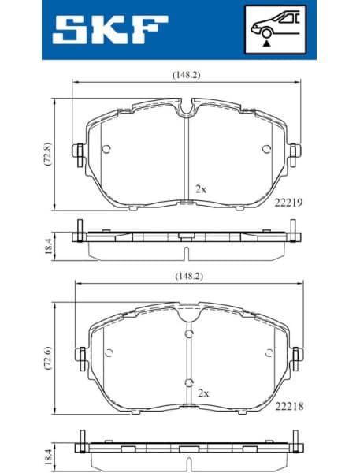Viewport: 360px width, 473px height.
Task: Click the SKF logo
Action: coord(110,30)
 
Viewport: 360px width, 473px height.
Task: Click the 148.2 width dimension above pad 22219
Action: coord(184,76)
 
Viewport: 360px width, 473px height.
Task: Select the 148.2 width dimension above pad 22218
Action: coord(184,277)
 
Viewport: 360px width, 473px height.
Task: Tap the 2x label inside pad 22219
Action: coord(201,189)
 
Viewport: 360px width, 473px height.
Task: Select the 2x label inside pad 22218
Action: coord(203,392)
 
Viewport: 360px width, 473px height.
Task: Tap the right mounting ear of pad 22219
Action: coord(293,151)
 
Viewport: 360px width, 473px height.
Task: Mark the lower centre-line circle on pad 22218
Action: coord(188,383)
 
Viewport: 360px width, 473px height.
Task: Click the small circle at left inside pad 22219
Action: coord(107,149)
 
